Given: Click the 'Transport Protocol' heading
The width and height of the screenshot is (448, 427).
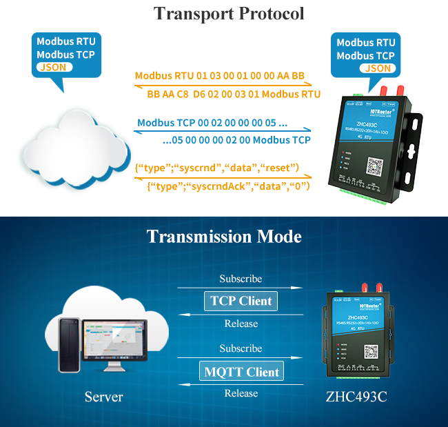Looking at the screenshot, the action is (x=228, y=14).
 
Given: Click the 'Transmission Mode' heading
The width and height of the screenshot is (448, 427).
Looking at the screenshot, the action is (x=224, y=237).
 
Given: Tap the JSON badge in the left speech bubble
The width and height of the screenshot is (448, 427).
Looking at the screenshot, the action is (x=52, y=68).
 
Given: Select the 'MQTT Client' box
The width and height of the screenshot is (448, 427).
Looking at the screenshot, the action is (x=242, y=372).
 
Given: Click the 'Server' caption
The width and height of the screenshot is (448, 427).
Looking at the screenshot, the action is (x=103, y=397).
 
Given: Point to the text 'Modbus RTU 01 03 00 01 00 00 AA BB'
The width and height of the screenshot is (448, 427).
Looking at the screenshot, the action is (x=219, y=76).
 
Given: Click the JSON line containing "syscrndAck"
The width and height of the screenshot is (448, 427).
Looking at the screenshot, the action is (x=229, y=186).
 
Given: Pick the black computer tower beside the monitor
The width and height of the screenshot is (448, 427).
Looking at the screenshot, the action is (x=69, y=345).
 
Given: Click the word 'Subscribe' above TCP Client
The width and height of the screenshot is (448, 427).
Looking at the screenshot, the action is (x=241, y=279).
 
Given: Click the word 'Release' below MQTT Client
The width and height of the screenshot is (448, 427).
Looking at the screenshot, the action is (x=241, y=393).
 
